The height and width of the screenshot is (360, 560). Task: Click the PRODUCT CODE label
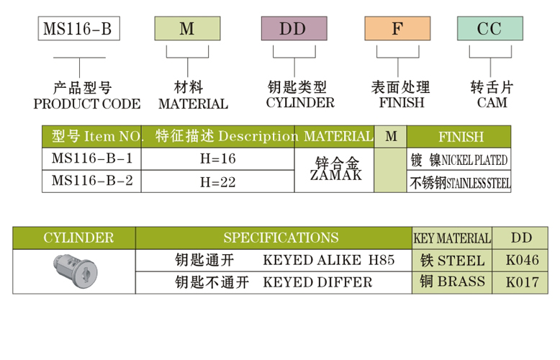tap(87, 104)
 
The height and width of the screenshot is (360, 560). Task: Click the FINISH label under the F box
tap(401, 103)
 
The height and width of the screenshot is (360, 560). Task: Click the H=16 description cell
tap(217, 158)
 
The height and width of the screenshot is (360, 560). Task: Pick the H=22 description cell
tap(217, 181)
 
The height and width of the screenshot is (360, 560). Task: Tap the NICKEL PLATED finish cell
tap(459, 159)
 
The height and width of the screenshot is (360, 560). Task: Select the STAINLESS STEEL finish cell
tap(460, 182)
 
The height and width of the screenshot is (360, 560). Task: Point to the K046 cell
tap(522, 260)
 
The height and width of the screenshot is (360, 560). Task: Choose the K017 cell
tap(522, 282)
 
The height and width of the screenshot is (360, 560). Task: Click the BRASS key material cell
tap(452, 282)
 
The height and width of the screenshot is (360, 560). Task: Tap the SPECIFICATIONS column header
tap(281, 238)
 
